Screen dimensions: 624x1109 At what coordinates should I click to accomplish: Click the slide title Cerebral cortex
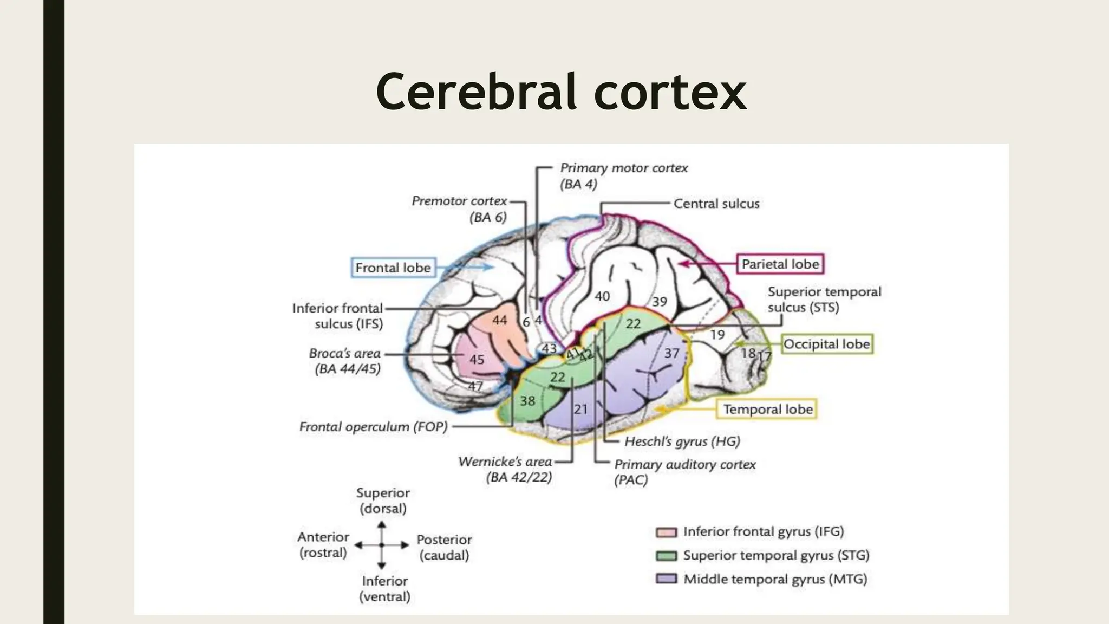tap(561, 92)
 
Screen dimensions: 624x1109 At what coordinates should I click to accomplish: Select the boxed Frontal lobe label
tap(393, 268)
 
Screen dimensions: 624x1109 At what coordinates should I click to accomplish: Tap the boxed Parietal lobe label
tap(780, 264)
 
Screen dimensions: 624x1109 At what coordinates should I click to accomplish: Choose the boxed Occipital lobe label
tap(827, 344)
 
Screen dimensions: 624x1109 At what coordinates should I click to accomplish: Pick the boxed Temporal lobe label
tap(768, 409)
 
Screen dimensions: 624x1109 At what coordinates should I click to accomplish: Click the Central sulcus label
tap(716, 204)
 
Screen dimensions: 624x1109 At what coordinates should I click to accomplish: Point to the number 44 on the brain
tap(499, 321)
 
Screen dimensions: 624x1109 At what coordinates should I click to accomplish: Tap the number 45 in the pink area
tap(477, 360)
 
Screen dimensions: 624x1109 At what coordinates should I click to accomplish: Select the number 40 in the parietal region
tap(602, 296)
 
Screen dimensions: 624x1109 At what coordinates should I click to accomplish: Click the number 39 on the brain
tap(659, 302)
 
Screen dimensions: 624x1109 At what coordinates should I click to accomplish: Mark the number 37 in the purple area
tap(671, 353)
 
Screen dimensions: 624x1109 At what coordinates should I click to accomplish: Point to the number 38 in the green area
tap(527, 401)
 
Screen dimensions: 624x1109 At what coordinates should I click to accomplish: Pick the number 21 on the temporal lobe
tap(580, 409)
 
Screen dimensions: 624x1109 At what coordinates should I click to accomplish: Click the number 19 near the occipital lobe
tap(717, 335)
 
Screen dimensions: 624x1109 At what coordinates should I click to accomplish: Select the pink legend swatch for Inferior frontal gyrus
tap(667, 532)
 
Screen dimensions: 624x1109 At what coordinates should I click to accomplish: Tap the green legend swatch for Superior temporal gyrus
tap(667, 556)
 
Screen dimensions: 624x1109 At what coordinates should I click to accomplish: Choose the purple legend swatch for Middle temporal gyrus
tap(667, 579)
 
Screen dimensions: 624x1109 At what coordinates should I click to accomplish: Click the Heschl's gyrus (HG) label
tap(682, 441)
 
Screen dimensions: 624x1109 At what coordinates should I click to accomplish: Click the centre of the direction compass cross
tap(382, 545)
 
